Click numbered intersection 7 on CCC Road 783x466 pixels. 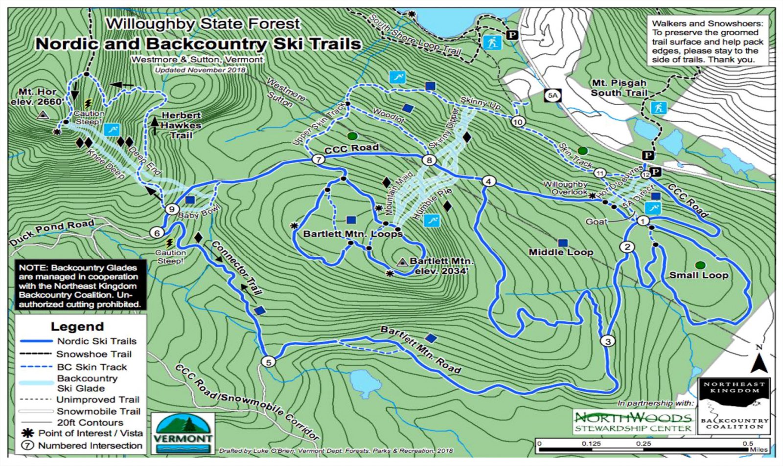[319, 160]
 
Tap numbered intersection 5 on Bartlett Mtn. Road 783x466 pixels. [268, 362]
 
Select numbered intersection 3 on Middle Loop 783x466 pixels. [608, 341]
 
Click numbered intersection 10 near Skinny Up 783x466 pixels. [518, 121]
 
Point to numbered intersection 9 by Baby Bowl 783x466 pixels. [171, 209]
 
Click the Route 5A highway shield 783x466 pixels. [553, 95]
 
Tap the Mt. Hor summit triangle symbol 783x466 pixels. [43, 115]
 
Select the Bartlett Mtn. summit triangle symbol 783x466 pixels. [402, 262]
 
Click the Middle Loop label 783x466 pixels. [561, 252]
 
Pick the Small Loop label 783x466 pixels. [699, 275]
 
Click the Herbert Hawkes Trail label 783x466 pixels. [181, 125]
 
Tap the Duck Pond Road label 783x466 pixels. [51, 232]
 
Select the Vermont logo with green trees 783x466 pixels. [183, 433]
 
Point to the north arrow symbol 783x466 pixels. [759, 361]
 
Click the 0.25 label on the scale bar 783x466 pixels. [644, 444]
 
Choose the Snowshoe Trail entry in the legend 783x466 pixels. [93, 354]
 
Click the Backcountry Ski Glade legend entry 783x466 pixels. [87, 383]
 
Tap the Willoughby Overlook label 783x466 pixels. [565, 188]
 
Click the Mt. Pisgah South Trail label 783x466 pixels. [619, 88]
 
